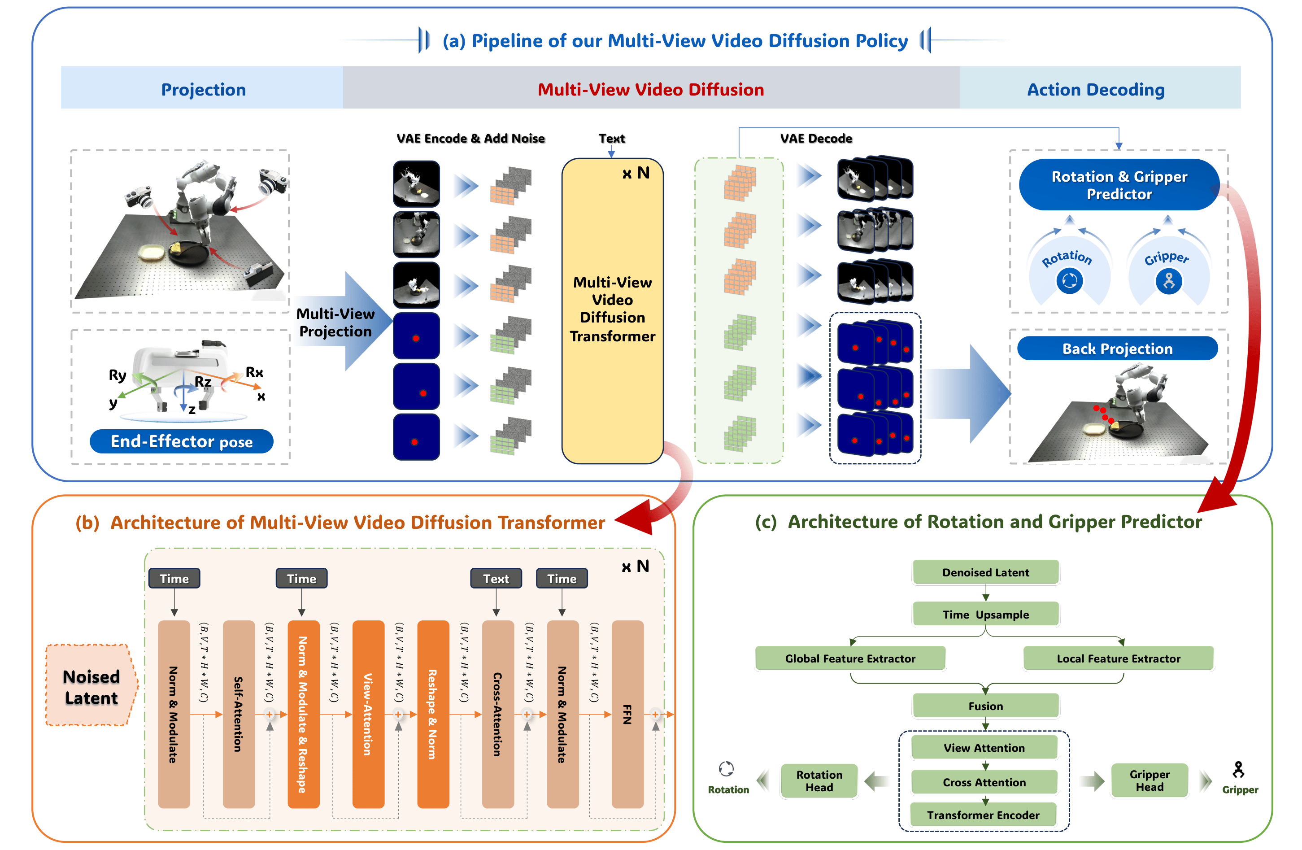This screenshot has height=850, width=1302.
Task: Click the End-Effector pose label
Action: pyautogui.click(x=182, y=441)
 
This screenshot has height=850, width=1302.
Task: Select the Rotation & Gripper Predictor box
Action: pyautogui.click(x=1119, y=185)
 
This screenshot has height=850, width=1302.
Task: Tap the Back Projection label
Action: pyautogui.click(x=1118, y=349)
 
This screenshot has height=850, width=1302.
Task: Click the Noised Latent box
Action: pyautogui.click(x=91, y=686)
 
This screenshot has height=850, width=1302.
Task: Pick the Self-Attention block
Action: pyautogui.click(x=239, y=714)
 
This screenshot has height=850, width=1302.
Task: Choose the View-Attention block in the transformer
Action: pyautogui.click(x=368, y=714)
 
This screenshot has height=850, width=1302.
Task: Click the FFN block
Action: pyautogui.click(x=627, y=714)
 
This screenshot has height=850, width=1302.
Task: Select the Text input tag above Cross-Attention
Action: pyautogui.click(x=496, y=579)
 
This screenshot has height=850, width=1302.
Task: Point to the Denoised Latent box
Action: pyautogui.click(x=986, y=572)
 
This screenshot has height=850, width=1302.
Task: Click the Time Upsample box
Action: pyautogui.click(x=986, y=614)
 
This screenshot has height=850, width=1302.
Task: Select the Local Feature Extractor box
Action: pyautogui.click(x=1119, y=658)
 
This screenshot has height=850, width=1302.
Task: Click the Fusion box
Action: pyautogui.click(x=986, y=706)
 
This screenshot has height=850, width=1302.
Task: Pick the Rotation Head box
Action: pyautogui.click(x=819, y=780)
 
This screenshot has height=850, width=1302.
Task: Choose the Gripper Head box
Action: pyautogui.click(x=1150, y=780)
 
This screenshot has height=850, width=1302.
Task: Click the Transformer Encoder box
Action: pyautogui.click(x=983, y=815)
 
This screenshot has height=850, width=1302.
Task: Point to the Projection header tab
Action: pyautogui.click(x=203, y=89)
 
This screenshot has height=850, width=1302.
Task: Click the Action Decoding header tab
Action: pyautogui.click(x=1096, y=89)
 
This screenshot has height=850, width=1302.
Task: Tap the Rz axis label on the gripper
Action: pyautogui.click(x=203, y=381)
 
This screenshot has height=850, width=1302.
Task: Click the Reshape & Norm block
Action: pyautogui.click(x=433, y=714)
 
